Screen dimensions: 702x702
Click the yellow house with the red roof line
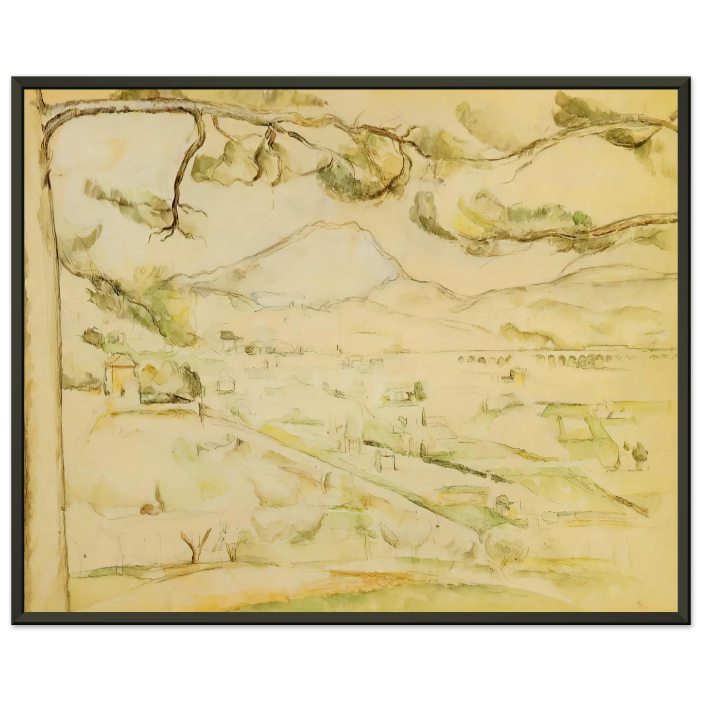[x=119, y=375]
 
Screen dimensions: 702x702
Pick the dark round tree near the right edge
[x=637, y=450]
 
